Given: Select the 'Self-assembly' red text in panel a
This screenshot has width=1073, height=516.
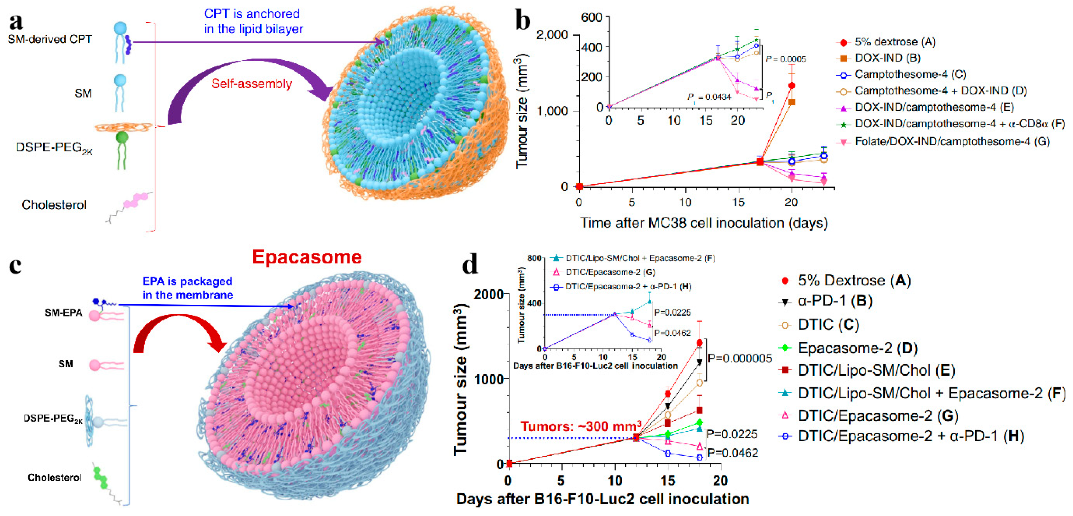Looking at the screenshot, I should click(x=251, y=84).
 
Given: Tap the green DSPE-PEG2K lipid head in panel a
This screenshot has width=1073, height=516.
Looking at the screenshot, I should click(x=122, y=138).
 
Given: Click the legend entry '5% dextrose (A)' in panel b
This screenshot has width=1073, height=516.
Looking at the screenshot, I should click(x=894, y=42).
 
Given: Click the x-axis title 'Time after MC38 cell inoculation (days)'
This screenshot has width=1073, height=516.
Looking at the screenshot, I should click(x=704, y=223).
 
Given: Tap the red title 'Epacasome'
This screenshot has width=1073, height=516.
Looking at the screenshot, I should click(x=307, y=257).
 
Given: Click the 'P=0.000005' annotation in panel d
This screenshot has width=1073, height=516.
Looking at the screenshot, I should click(x=740, y=358).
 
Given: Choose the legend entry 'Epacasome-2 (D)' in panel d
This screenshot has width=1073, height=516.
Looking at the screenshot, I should click(x=857, y=348).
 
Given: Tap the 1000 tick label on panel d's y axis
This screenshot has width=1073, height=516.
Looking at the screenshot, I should click(x=488, y=379).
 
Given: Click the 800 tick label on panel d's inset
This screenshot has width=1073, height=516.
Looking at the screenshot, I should click(x=534, y=258).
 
